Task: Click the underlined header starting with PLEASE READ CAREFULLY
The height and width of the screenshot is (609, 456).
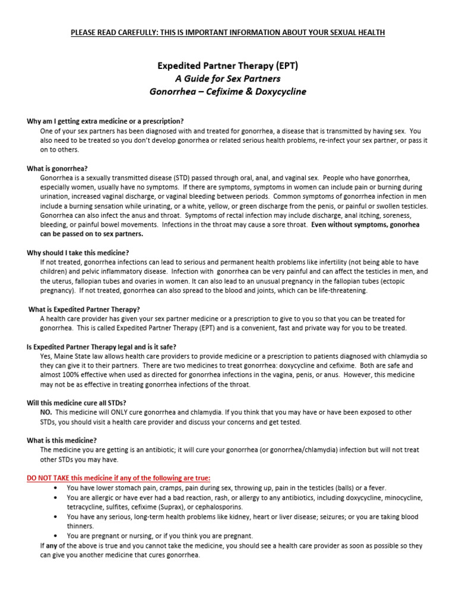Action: click(x=228, y=32)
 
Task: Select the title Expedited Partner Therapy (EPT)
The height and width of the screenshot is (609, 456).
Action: click(x=227, y=65)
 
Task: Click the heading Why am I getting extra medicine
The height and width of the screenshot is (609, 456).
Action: click(x=105, y=121)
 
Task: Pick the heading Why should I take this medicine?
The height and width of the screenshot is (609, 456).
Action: click(x=78, y=253)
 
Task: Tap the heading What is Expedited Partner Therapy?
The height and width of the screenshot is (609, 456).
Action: click(x=84, y=309)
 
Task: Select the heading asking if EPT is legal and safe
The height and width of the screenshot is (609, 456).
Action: click(x=102, y=347)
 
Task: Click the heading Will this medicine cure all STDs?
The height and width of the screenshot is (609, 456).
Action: click(x=77, y=403)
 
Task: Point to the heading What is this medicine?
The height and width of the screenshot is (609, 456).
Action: click(x=62, y=440)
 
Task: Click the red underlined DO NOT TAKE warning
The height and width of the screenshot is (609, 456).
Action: click(x=119, y=478)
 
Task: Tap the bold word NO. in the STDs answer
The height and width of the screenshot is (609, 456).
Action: click(x=46, y=412)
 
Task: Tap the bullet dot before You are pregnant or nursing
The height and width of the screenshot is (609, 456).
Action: click(x=55, y=536)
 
